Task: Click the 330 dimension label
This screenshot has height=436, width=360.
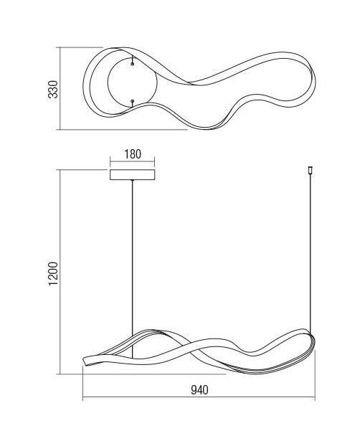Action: (53, 89)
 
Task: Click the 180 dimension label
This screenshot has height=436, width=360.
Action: (133, 154)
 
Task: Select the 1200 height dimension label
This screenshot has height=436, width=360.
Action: (53, 274)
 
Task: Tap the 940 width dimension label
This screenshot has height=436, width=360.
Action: (199, 390)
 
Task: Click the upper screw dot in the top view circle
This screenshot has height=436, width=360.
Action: (132, 64)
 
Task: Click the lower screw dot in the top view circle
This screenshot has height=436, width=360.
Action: (132, 100)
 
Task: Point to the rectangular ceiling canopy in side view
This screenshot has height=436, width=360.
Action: (133, 175)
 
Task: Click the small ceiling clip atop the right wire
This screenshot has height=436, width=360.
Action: (311, 170)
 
